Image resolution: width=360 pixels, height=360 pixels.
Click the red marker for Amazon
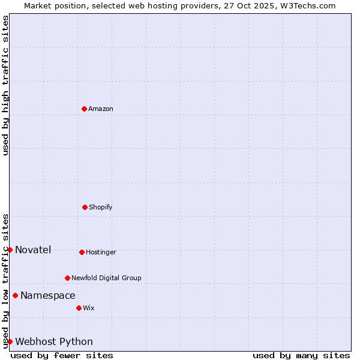(84, 109)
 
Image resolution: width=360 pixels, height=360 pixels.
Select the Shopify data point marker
(85, 207)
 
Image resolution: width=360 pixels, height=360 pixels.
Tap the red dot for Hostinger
(82, 252)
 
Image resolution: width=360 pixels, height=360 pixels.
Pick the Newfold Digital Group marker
(67, 278)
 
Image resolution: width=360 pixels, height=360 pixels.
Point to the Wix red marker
(79, 308)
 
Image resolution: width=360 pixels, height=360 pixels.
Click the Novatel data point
(10, 250)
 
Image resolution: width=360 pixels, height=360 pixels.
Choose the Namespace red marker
(15, 295)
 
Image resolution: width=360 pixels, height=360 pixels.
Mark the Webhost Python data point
(10, 341)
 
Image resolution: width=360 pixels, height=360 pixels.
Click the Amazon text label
(101, 109)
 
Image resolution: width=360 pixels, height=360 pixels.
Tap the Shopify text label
(101, 207)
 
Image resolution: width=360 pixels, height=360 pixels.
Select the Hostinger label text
(101, 252)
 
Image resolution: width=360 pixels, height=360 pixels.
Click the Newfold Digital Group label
(107, 278)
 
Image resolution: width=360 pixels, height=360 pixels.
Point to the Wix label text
(89, 308)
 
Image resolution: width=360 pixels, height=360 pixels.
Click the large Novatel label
(33, 250)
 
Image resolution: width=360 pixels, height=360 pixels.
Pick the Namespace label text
(48, 295)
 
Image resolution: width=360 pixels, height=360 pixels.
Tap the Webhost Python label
(54, 341)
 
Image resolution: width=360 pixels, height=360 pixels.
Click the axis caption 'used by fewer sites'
(62, 355)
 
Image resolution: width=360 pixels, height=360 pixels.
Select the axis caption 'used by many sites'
(301, 355)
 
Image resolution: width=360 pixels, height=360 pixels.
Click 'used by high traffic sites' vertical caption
(5, 85)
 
